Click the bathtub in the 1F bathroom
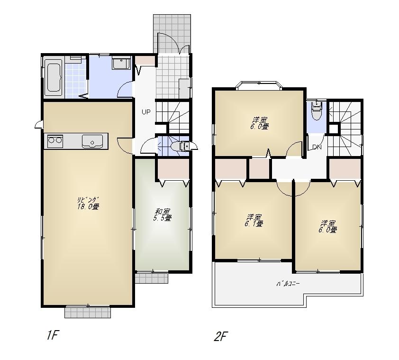tap(54, 77)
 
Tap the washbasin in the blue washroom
tap(121, 63)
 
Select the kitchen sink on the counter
tap(92, 141)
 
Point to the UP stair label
tap(145, 112)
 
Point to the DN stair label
tap(317, 147)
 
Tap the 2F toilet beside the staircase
tap(316, 112)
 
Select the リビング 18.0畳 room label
tap(88, 203)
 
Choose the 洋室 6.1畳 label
tap(254, 220)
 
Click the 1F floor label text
tap(52, 335)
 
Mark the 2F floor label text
tap(221, 337)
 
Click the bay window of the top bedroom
tap(259, 85)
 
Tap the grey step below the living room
tap(88, 312)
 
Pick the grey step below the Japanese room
tap(152, 278)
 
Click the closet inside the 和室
tap(173, 169)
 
